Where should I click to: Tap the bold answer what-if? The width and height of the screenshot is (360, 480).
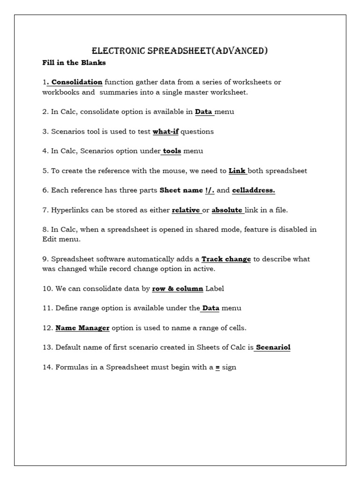tap(165, 131)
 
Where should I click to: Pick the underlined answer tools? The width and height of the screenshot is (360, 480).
tap(172, 151)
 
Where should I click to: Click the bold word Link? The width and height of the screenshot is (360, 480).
tap(237, 171)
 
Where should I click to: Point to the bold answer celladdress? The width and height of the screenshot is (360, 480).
tap(253, 190)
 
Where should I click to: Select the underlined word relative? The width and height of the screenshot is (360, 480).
tap(186, 210)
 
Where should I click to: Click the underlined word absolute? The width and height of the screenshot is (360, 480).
tap(227, 210)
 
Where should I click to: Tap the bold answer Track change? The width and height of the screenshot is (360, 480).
tap(226, 259)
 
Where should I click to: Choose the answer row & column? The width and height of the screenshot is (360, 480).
tap(178, 288)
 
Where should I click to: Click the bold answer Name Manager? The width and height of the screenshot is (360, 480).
tap(82, 328)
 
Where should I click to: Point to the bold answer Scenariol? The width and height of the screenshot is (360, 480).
tap(273, 347)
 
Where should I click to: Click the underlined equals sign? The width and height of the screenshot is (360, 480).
tap(217, 367)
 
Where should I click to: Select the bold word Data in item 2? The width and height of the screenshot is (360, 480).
tap(204, 112)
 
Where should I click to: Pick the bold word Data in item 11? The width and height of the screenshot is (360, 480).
tap(210, 308)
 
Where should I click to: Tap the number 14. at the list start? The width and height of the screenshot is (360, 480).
tap(48, 367)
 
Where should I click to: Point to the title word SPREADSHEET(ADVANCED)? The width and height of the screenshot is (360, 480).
tap(208, 51)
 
